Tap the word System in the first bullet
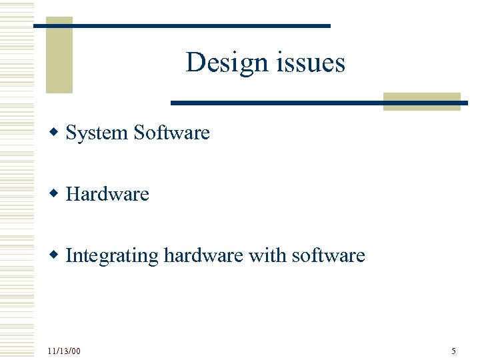97,133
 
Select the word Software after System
171,133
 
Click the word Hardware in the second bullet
107,194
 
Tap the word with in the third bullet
264,255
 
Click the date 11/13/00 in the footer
64,351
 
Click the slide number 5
453,351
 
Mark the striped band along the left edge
17,180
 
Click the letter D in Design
195,63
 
